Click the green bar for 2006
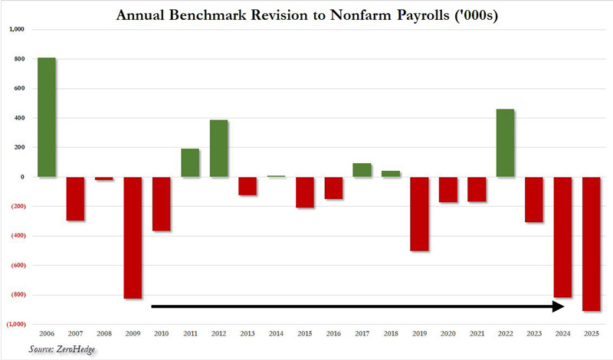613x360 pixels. click(x=47, y=117)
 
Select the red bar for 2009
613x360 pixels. click(x=133, y=237)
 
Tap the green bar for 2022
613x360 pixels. click(x=505, y=143)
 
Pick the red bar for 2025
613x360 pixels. click(x=591, y=244)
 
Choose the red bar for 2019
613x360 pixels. click(x=419, y=214)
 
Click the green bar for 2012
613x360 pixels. click(x=218, y=149)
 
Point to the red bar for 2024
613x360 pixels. click(x=562, y=237)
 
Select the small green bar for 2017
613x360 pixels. click(x=362, y=170)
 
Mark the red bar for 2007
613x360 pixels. click(x=75, y=198)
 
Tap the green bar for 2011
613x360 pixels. click(x=190, y=162)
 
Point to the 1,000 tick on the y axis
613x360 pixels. click(x=17, y=29)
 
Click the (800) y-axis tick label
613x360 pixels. click(x=16, y=295)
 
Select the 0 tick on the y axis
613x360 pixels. click(x=23, y=177)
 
